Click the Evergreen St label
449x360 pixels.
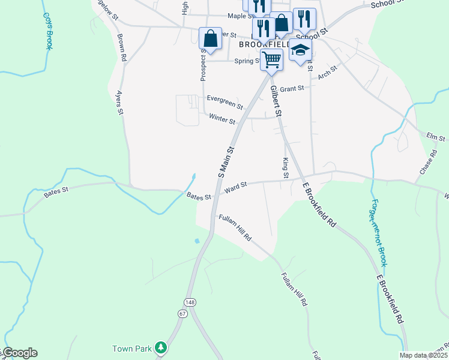pyautogui.click(x=224, y=102)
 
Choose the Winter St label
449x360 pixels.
pyautogui.click(x=222, y=119)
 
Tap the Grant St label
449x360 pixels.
pyautogui.click(x=292, y=89)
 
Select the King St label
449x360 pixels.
pyautogui.click(x=286, y=168)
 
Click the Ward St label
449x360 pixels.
pyautogui.click(x=236, y=188)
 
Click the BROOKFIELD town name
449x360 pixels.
pyautogui.click(x=264, y=44)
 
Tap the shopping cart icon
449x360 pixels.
pyautogui.click(x=271, y=60)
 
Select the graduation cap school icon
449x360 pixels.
pyautogui.click(x=300, y=50)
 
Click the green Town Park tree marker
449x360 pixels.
pyautogui.click(x=160, y=347)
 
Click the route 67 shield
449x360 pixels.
pyautogui.click(x=182, y=313)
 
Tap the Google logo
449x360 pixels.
pyautogui.click(x=20, y=353)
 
